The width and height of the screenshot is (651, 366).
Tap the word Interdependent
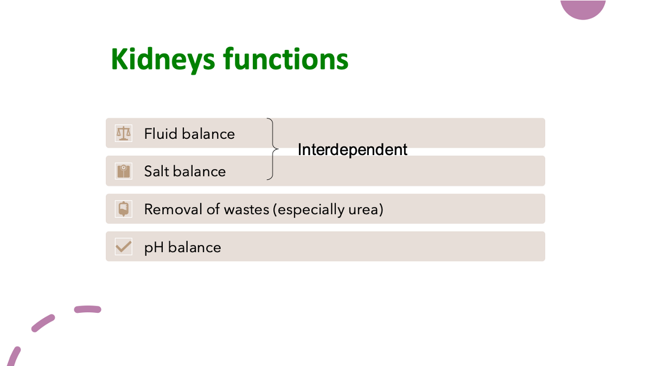click(x=352, y=150)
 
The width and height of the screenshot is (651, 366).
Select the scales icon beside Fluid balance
click(x=124, y=133)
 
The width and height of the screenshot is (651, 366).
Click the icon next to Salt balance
click(x=124, y=171)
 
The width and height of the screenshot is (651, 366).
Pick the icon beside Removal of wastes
click(x=124, y=209)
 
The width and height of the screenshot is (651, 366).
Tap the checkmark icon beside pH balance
click(x=124, y=247)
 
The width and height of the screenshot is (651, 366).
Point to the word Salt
click(x=156, y=172)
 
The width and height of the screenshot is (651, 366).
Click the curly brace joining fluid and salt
click(x=272, y=149)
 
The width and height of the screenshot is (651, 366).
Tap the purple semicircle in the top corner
click(x=583, y=8)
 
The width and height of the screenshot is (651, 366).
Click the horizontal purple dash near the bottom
click(x=87, y=310)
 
